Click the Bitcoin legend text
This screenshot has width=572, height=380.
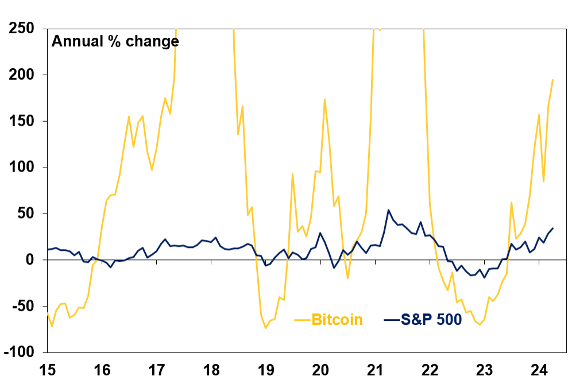337,320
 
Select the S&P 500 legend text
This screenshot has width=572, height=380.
430,320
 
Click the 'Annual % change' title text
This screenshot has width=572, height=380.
115,41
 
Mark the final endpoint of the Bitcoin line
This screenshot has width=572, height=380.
552,80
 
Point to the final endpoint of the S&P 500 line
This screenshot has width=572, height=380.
552,228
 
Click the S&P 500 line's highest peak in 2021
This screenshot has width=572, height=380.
388,210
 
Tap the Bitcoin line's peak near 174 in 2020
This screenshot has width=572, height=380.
324,99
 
